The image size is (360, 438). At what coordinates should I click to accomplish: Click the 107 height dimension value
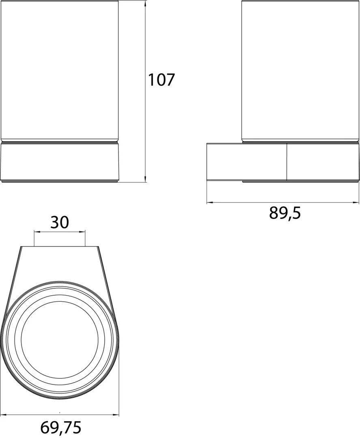(x=161, y=80)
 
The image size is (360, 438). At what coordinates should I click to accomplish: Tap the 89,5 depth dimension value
(x=285, y=213)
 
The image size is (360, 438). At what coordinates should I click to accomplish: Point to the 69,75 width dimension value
(x=61, y=427)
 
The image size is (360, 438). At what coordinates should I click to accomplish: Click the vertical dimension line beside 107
(x=145, y=122)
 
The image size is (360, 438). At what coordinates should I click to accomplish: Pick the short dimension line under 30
(x=60, y=232)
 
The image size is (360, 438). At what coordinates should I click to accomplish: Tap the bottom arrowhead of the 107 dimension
(x=145, y=180)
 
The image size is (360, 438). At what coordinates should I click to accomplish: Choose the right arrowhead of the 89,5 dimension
(x=358, y=202)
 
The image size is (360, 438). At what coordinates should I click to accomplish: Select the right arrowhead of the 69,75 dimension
(x=117, y=414)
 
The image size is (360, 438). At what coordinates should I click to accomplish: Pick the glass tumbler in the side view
(x=300, y=71)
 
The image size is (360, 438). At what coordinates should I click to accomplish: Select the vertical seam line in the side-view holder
(x=287, y=162)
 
